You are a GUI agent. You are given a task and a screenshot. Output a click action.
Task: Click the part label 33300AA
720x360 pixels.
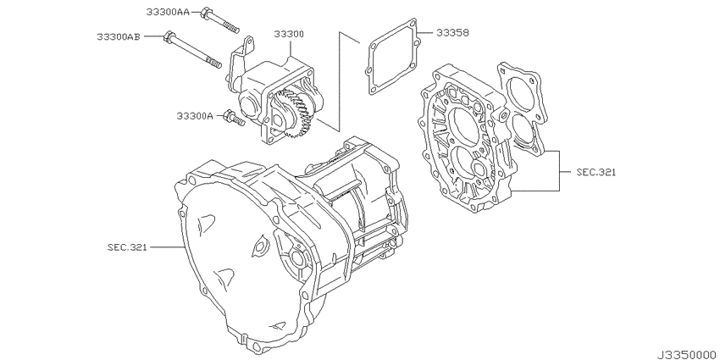point(168,12)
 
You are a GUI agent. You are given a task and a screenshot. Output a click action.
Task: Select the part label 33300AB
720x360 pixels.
point(119,36)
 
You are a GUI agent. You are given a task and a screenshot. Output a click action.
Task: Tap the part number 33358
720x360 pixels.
point(453,32)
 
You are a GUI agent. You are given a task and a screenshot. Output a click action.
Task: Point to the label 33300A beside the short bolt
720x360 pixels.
point(195,116)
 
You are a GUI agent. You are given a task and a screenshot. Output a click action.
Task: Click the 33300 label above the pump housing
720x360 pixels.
point(289,34)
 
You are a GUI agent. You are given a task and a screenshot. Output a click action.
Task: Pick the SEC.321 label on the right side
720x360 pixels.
point(596,172)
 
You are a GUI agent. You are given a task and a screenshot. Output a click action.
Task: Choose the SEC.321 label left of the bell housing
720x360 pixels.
point(127,247)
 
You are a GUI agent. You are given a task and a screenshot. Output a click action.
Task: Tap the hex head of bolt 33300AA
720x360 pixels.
point(206,14)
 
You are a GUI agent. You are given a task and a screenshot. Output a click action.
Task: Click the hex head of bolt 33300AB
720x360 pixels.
point(169,36)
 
